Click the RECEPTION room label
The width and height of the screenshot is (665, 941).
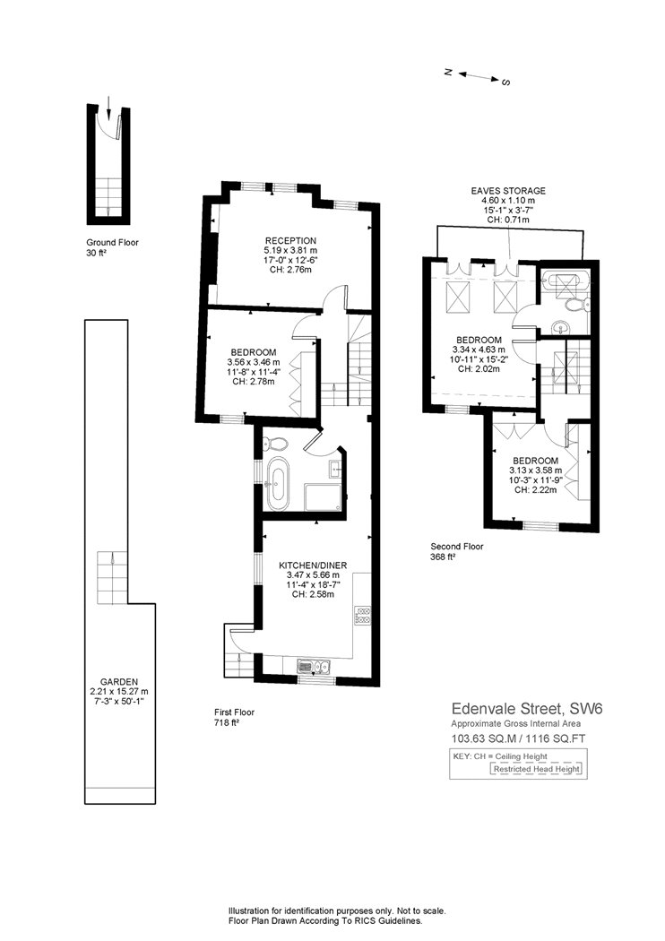[x=290, y=241]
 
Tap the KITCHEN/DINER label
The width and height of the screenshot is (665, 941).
[x=313, y=565]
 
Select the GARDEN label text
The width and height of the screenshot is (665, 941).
[x=119, y=682]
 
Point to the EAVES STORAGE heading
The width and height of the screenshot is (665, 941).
[x=508, y=191]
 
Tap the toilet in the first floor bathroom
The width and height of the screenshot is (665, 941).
[x=274, y=444]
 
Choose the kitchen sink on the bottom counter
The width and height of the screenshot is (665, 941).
[x=314, y=666]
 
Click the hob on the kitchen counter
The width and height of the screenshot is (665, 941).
[x=362, y=616]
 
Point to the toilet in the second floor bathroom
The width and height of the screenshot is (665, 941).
[x=574, y=306]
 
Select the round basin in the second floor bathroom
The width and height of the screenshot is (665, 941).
[x=562, y=328]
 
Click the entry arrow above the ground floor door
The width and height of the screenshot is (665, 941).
[x=108, y=107]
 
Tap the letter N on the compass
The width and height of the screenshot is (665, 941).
[x=448, y=72]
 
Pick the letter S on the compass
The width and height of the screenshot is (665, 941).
[x=506, y=82]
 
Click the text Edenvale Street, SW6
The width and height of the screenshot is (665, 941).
[x=526, y=709]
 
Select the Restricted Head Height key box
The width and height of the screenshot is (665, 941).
[x=536, y=769]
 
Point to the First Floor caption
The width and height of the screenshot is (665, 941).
[x=234, y=712]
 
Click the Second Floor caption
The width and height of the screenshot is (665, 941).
[x=457, y=547]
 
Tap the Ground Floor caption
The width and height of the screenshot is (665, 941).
[x=112, y=243]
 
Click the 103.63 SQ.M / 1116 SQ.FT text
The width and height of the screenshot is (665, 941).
[x=519, y=738]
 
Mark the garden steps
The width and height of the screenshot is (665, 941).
[x=112, y=577]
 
